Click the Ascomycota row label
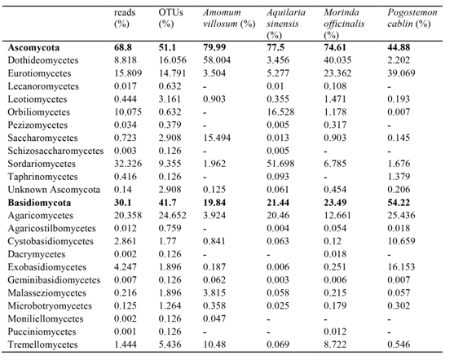tap(33, 47)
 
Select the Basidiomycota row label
tap(39, 203)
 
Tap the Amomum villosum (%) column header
tap(229, 18)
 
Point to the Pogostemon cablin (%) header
tap(412, 18)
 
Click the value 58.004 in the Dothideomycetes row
tap(217, 60)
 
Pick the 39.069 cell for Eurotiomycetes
tap(401, 73)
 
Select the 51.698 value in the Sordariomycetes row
tap(280, 164)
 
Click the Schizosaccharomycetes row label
tap(55, 151)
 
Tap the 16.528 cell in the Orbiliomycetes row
tap(280, 112)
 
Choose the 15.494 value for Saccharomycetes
tap(217, 138)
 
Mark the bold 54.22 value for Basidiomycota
tap(399, 203)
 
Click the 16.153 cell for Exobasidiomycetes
tap(401, 267)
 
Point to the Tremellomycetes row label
tap(42, 345)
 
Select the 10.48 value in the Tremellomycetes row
tap(214, 345)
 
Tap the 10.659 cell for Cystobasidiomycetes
tap(401, 241)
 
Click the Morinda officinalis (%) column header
tap(344, 24)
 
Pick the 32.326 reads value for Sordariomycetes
tap(128, 164)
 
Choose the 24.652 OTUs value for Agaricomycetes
tap(172, 215)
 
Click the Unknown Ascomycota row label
tap(54, 190)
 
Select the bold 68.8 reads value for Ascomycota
tap(123, 47)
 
